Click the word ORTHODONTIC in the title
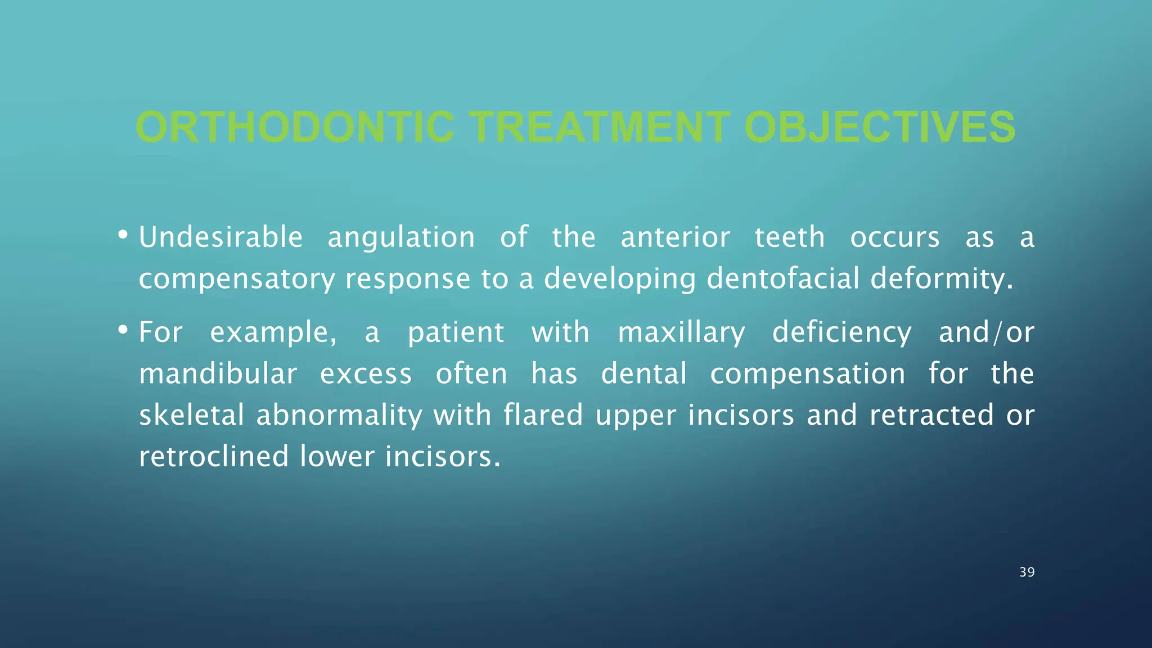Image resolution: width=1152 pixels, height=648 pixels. pyautogui.click(x=294, y=127)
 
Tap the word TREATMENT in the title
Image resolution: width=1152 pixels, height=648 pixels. pyautogui.click(x=600, y=127)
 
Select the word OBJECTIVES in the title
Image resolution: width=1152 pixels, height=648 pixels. pyautogui.click(x=879, y=127)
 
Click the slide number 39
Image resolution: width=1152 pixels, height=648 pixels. pyautogui.click(x=1027, y=572)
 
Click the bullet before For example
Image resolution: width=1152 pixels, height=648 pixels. pyautogui.click(x=123, y=330)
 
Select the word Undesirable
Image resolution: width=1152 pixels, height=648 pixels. pyautogui.click(x=220, y=237)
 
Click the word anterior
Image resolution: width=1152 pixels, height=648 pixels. pyautogui.click(x=675, y=237)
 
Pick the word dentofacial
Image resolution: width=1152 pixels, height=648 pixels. pyautogui.click(x=783, y=278)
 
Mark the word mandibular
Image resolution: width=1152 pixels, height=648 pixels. pyautogui.click(x=218, y=373)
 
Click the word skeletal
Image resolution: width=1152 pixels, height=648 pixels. pyautogui.click(x=191, y=415)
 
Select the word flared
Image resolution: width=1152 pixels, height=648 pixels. pyautogui.click(x=543, y=415)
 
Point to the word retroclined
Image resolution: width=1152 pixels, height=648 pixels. pyautogui.click(x=214, y=456)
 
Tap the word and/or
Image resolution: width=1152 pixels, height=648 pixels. pyautogui.click(x=986, y=332)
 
